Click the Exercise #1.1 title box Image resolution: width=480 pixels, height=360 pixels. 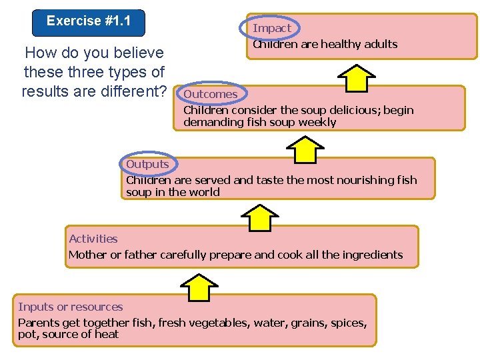[x=89, y=21]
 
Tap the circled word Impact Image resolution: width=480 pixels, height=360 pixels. [x=272, y=28]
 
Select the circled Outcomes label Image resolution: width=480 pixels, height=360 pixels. [x=211, y=94]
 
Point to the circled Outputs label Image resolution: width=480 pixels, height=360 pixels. [x=147, y=164]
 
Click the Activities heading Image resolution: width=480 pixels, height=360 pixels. [x=93, y=239]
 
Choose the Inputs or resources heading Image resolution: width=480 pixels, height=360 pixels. [x=71, y=307]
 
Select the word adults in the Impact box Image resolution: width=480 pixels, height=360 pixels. [x=380, y=45]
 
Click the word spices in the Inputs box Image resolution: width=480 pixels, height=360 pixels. [x=347, y=323]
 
